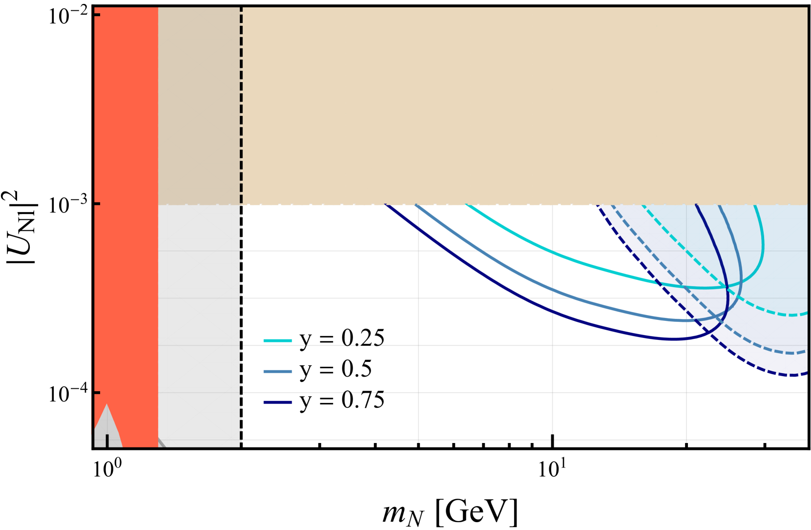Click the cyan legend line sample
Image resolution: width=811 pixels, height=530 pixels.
[277, 340]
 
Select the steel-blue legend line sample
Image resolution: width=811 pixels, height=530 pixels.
[277, 371]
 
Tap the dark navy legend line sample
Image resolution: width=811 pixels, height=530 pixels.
[277, 402]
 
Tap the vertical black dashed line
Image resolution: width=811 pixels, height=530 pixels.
[241, 98]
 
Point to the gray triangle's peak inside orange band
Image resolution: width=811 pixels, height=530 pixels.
[106, 405]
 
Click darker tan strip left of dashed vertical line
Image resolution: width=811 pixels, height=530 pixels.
[199, 98]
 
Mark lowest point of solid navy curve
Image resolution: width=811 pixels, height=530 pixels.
[674, 339]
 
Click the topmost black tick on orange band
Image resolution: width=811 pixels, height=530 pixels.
[97, 15]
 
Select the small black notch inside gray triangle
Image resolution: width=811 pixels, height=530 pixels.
[107, 440]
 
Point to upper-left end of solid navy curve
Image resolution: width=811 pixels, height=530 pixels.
[387, 206]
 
